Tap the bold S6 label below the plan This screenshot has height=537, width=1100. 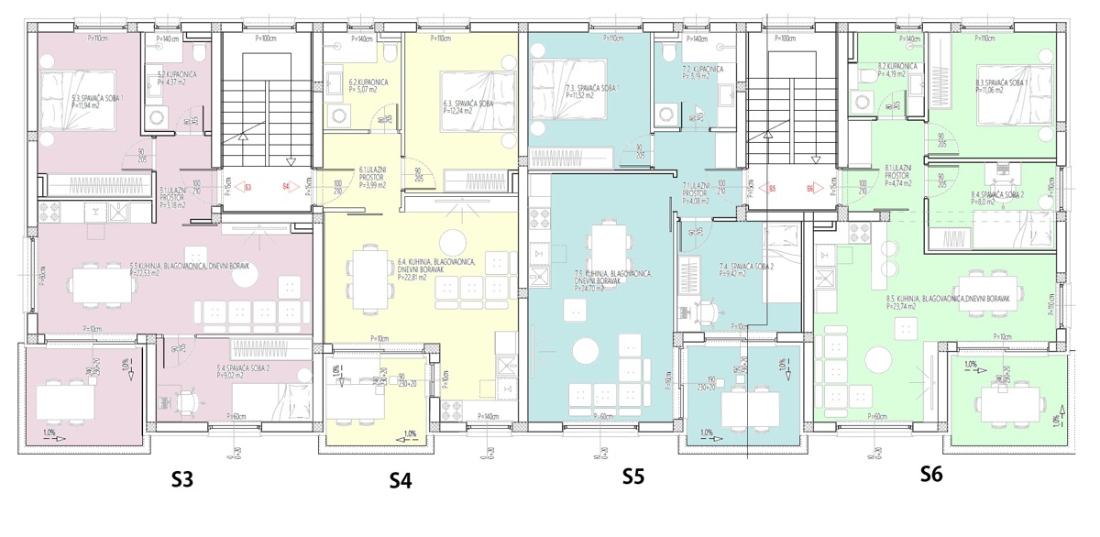click(930, 474)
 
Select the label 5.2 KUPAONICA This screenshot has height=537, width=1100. click(173, 74)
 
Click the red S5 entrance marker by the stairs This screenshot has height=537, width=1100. click(773, 189)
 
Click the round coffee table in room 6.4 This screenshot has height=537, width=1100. click(452, 242)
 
